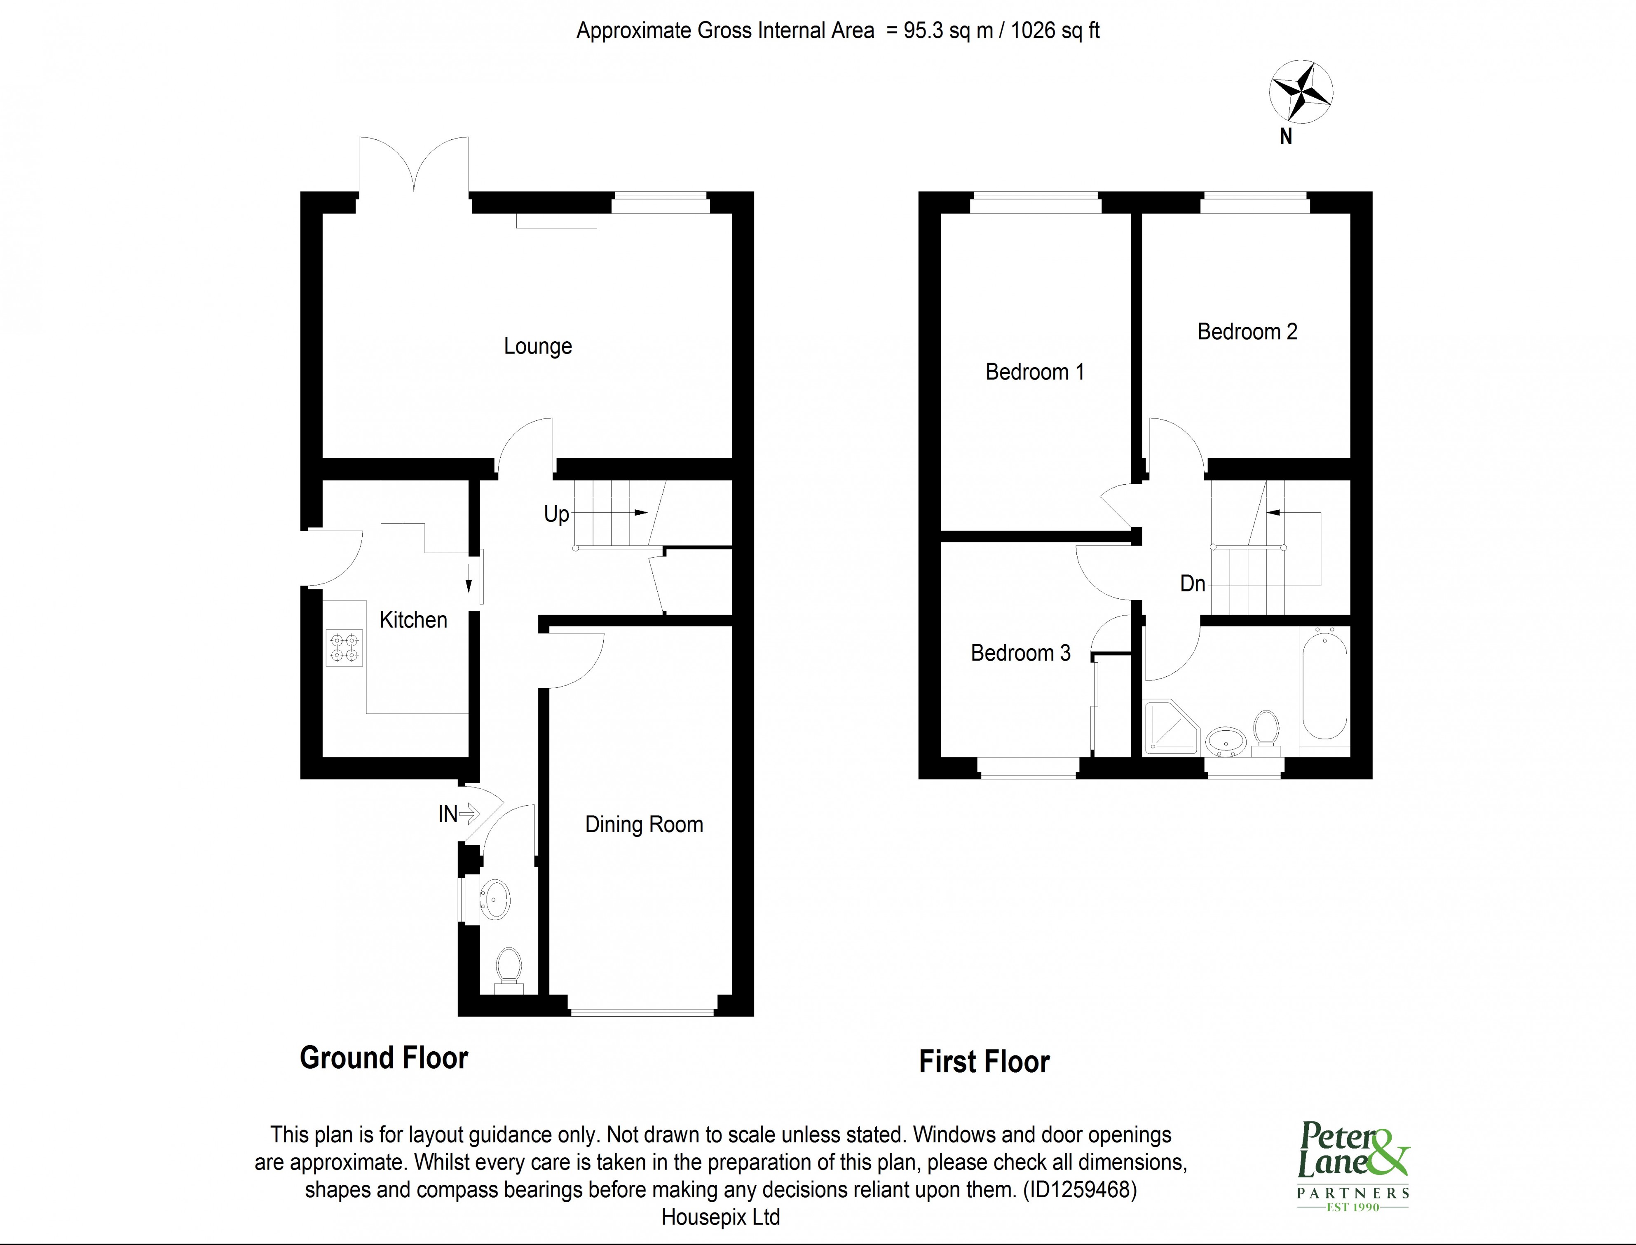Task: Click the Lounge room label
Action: (538, 346)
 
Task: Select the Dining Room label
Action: (644, 824)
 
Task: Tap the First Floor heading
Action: (984, 1061)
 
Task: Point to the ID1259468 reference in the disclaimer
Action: (1080, 1189)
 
